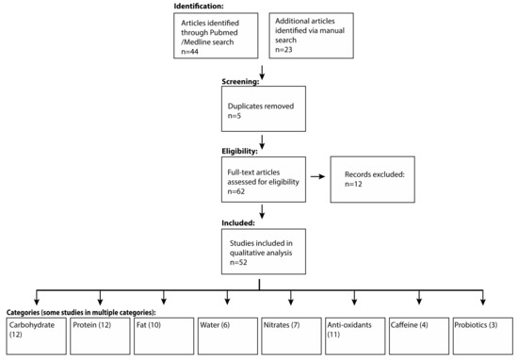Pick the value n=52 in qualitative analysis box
[x=241, y=261]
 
